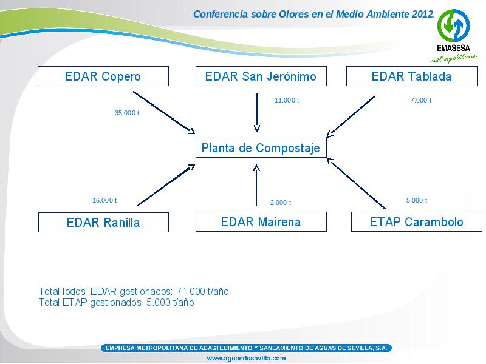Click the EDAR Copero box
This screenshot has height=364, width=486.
point(103,76)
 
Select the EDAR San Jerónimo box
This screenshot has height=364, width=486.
point(261,76)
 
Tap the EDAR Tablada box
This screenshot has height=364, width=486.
point(412,76)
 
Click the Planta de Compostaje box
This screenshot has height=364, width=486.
point(261,147)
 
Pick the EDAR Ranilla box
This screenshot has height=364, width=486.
point(103,222)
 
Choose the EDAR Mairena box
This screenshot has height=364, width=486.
point(261,221)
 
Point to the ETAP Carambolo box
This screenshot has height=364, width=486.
point(417,221)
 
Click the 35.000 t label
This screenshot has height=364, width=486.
point(127,113)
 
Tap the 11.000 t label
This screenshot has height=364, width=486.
point(287,100)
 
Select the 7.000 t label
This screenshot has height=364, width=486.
point(421,100)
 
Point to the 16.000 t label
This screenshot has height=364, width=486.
point(104,200)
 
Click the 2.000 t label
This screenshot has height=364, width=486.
point(281,203)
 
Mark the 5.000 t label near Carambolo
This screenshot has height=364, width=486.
point(417,200)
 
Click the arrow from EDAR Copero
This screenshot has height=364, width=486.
point(163,113)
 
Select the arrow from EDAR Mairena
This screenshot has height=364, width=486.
point(256,185)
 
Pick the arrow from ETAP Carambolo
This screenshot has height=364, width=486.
point(356,183)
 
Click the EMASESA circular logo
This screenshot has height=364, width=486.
point(453,25)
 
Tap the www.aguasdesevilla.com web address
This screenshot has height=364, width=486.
point(246,358)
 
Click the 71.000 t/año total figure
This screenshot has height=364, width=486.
point(203,291)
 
